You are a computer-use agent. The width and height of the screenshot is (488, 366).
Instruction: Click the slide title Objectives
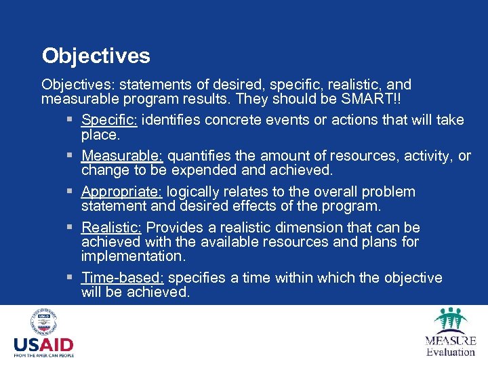click(x=96, y=56)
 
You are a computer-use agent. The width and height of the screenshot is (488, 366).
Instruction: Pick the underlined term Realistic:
click(x=113, y=228)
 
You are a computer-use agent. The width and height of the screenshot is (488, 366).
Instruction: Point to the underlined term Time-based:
click(x=123, y=278)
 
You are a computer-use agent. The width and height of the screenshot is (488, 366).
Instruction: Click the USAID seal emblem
click(x=43, y=322)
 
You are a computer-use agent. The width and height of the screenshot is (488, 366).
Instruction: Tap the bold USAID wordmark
click(x=43, y=345)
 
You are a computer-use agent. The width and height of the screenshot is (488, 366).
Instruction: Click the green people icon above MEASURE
click(x=450, y=320)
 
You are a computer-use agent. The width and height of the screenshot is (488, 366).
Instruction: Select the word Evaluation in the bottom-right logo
click(x=451, y=352)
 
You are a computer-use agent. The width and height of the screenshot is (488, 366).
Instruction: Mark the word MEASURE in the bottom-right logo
click(x=451, y=340)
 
